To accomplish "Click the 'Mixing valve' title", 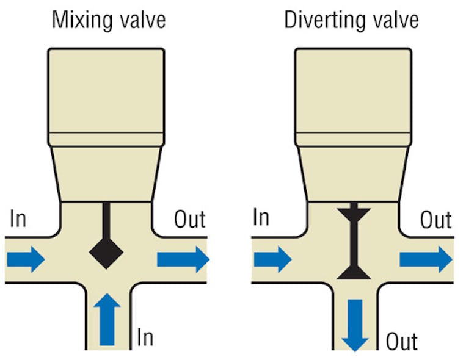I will click(x=108, y=20).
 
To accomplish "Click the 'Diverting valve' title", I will click(x=351, y=20).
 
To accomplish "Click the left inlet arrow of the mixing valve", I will click(x=26, y=259).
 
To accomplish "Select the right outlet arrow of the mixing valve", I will click(x=183, y=259).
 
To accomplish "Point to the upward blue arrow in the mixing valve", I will click(x=106, y=318).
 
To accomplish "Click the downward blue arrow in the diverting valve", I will click(x=355, y=324).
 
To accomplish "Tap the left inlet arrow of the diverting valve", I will click(x=272, y=259).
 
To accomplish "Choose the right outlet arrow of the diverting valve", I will click(x=426, y=259).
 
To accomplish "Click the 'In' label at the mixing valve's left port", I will click(x=18, y=218).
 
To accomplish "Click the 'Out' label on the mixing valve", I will click(x=190, y=219).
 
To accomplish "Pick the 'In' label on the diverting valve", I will click(x=261, y=217).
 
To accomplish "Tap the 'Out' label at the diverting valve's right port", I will click(x=435, y=220).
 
